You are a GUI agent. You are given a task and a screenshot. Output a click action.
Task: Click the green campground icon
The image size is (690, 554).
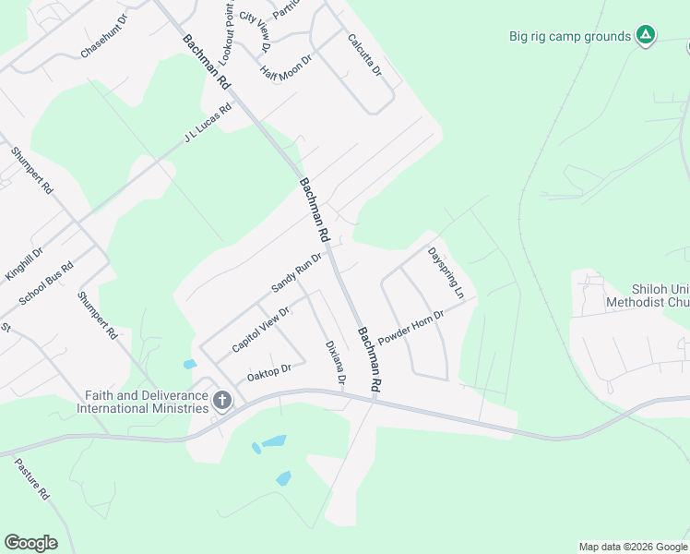click(647, 36)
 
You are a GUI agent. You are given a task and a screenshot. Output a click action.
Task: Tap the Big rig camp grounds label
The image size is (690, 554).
click(570, 37)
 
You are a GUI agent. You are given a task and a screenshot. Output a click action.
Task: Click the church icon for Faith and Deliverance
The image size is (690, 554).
click(221, 401)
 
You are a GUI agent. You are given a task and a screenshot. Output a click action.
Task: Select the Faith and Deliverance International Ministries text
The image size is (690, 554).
click(147, 402)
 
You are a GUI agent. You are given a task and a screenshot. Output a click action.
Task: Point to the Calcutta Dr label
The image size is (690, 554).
click(364, 54)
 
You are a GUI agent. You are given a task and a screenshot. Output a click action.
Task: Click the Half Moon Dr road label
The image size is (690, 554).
click(287, 61)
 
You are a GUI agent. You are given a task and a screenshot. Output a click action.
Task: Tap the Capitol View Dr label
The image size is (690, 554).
click(261, 328)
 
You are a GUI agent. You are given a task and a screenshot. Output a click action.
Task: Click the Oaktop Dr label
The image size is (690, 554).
click(268, 373)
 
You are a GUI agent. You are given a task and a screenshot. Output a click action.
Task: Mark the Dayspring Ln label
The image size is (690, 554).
click(446, 272)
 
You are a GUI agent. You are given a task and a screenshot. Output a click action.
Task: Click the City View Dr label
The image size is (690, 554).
click(254, 31)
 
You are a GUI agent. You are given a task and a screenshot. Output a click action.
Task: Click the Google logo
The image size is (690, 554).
click(30, 543)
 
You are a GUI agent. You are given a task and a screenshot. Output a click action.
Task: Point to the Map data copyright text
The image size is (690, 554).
click(632, 547)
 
